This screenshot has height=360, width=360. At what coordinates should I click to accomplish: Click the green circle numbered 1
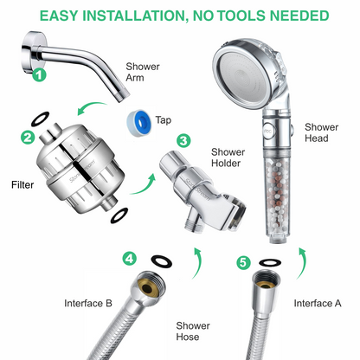[38, 74]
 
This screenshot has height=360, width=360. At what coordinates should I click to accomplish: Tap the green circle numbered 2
[28, 138]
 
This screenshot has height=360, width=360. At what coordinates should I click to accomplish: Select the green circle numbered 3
[183, 140]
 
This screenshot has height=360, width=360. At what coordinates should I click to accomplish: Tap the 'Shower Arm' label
[142, 72]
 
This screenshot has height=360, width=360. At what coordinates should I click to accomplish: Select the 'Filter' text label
[22, 184]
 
